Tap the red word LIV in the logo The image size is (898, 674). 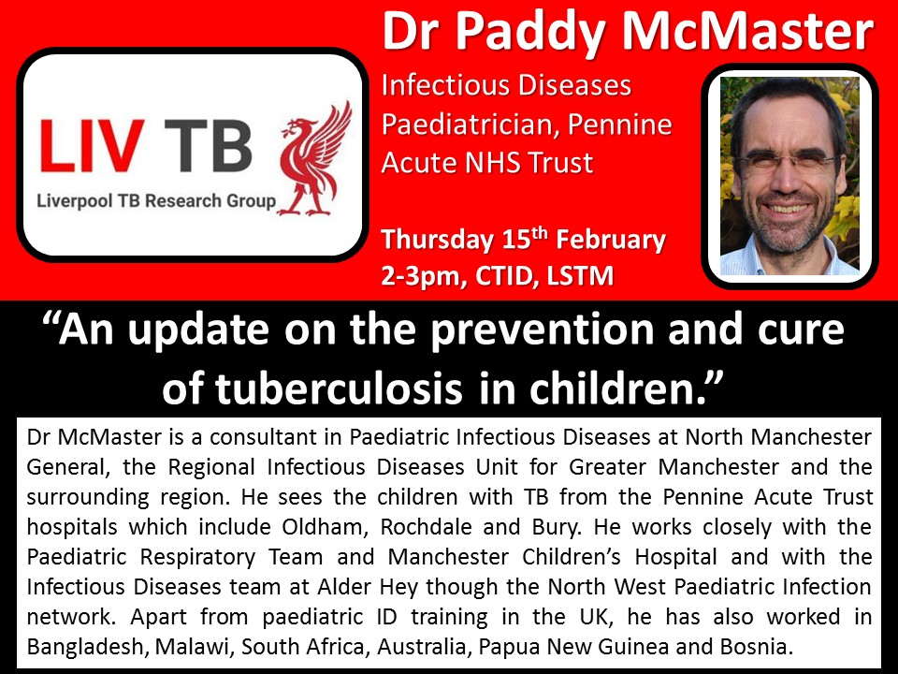coord(93,146)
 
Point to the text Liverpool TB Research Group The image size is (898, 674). coord(156,201)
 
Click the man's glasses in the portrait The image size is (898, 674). coord(787,161)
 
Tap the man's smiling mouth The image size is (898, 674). coord(787,207)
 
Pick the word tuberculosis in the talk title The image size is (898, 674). coord(339,389)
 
